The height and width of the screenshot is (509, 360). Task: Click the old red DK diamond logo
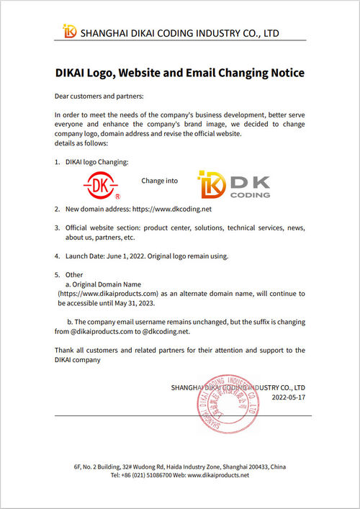tap(100, 184)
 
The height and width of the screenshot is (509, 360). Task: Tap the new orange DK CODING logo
tap(235, 185)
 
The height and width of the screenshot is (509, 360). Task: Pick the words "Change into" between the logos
tap(159, 181)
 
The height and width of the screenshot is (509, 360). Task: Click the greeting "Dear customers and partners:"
tap(99, 96)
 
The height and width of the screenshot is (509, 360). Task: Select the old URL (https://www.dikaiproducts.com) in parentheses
tap(108, 294)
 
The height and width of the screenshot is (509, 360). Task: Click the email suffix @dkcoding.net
tap(166, 331)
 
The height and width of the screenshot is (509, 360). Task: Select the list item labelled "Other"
tap(74, 275)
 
